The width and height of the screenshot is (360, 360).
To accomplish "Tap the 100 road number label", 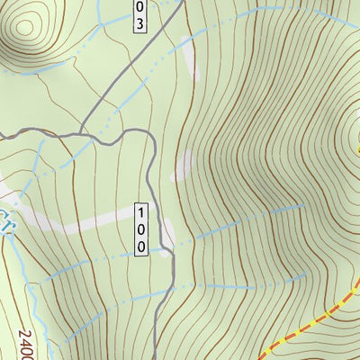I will point(141,230).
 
